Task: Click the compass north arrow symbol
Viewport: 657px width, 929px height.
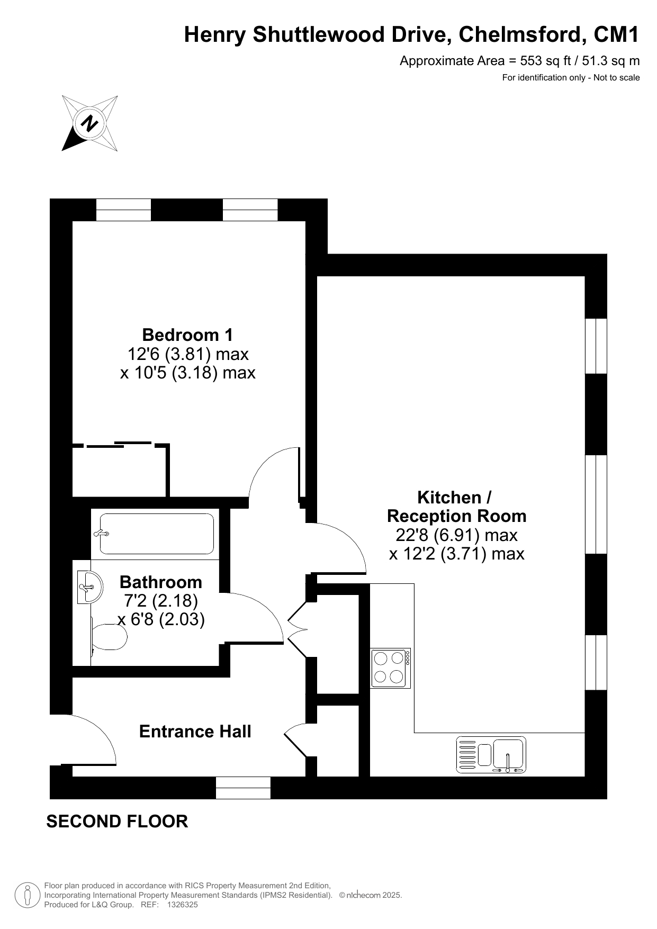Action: tap(90, 123)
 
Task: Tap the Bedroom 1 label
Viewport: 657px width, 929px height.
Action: tap(187, 335)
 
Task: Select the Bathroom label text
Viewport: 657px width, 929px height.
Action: tap(161, 582)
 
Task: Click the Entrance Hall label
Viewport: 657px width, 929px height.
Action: tap(195, 732)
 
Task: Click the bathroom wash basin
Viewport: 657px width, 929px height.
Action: tap(89, 587)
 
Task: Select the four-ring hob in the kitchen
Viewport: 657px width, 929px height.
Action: tap(391, 668)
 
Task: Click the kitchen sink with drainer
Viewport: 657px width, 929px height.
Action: tap(491, 754)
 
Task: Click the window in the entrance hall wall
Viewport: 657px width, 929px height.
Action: tap(243, 788)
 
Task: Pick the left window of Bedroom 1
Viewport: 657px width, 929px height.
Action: tap(123, 210)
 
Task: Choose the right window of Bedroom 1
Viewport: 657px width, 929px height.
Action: tap(250, 210)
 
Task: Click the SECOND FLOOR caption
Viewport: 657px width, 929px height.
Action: tap(118, 821)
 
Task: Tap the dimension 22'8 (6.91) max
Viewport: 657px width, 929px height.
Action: tap(456, 535)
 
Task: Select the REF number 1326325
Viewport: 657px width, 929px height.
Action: tap(182, 905)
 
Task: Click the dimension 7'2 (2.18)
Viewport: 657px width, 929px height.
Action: tap(161, 601)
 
